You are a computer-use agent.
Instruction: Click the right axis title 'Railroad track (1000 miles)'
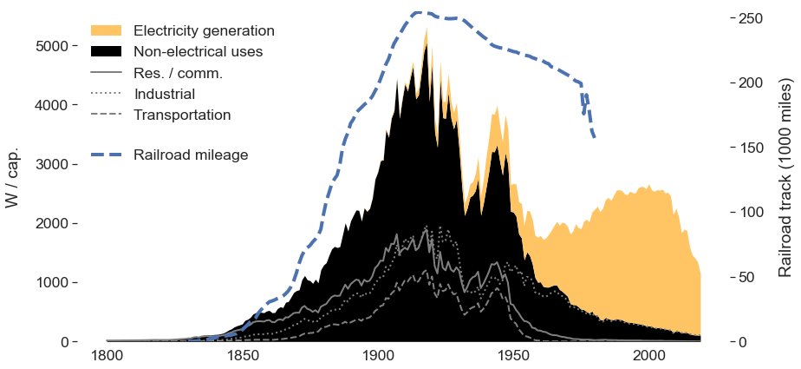785,179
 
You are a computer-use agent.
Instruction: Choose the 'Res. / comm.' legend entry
178,73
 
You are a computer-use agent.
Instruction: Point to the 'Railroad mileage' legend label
191,155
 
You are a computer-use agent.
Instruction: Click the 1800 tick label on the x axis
107,355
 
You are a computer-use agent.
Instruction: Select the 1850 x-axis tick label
242,355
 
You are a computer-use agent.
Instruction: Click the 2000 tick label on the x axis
648,355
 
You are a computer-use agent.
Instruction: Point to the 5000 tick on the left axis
51,46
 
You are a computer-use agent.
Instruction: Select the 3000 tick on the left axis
51,164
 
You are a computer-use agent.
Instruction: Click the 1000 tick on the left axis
51,283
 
